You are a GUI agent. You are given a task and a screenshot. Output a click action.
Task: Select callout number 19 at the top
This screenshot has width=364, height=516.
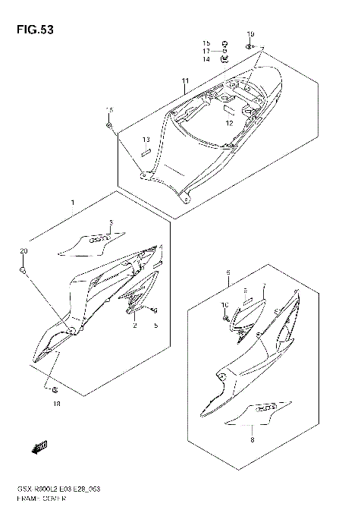251,34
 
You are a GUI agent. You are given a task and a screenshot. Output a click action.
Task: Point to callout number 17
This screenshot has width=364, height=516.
206,51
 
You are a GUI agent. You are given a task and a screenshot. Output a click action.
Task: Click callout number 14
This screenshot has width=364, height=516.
206,59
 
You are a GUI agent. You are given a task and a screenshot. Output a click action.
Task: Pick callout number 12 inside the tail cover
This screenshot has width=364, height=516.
227,121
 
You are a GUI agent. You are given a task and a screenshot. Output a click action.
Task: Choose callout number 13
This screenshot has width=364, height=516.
146,140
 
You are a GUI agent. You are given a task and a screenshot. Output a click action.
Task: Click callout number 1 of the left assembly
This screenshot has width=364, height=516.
72,204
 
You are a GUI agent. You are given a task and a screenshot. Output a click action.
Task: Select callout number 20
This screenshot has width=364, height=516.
23,251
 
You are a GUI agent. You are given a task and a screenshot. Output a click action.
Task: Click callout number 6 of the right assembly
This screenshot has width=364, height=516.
227,272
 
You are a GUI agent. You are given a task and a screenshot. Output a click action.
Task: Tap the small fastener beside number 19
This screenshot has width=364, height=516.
249,47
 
